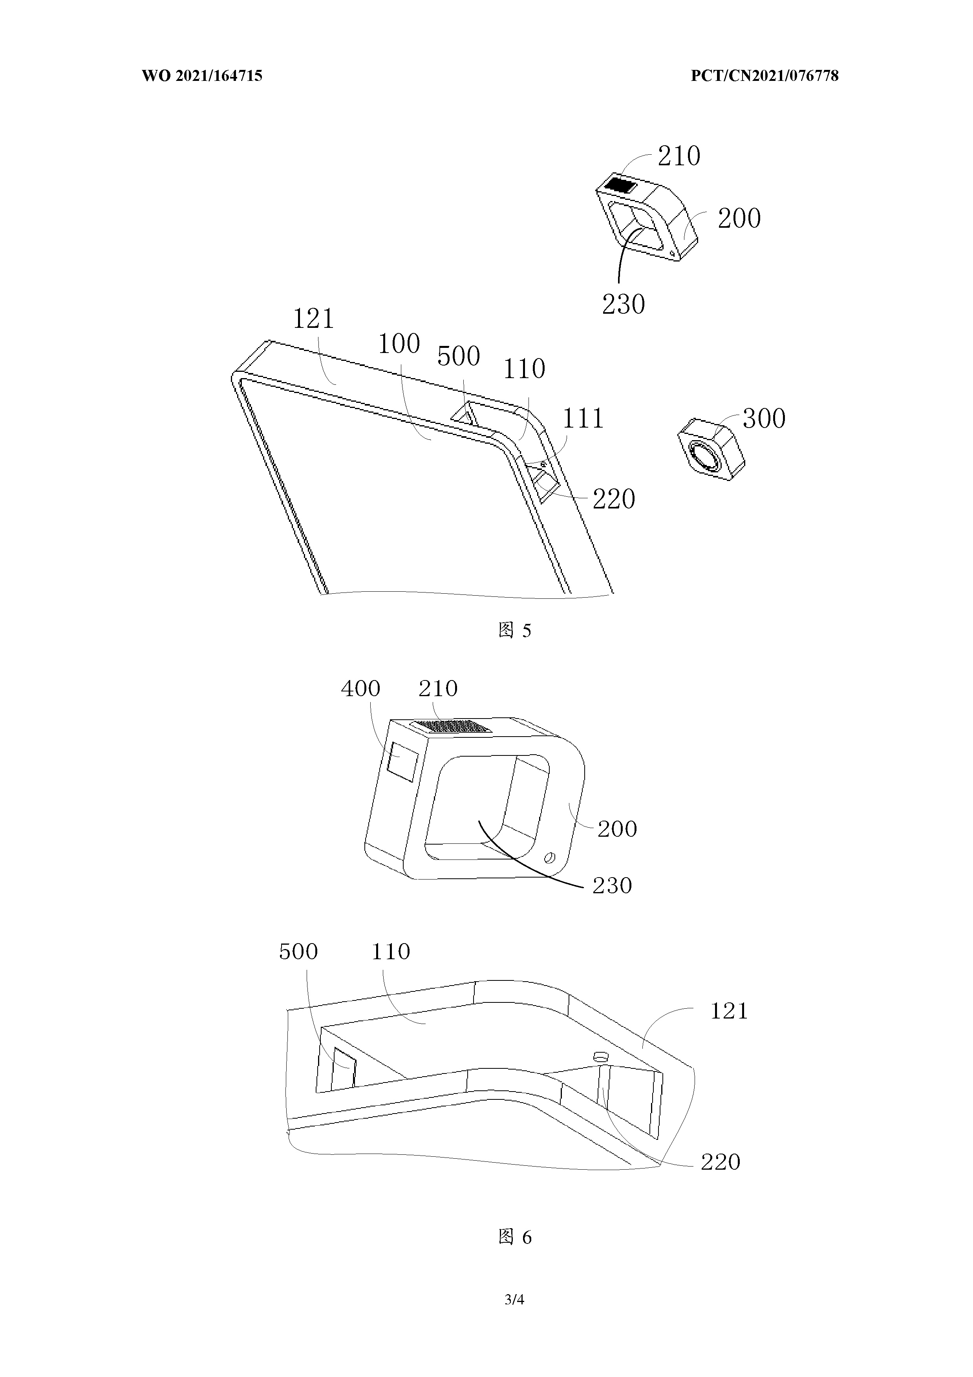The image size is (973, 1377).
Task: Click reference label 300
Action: pos(764,419)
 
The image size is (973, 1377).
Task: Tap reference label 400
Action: pos(360,689)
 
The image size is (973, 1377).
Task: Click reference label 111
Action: pos(582,418)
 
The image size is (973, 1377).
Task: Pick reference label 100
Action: pos(399,344)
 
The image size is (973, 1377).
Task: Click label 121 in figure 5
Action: pos(313,318)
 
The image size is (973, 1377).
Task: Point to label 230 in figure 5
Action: pos(623,304)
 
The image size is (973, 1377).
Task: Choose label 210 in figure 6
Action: pos(438,689)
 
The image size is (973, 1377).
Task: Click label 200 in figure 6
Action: pos(617,829)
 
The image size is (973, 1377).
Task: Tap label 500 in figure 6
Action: pos(298,951)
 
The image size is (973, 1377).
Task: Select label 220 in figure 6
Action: pos(720,1162)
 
